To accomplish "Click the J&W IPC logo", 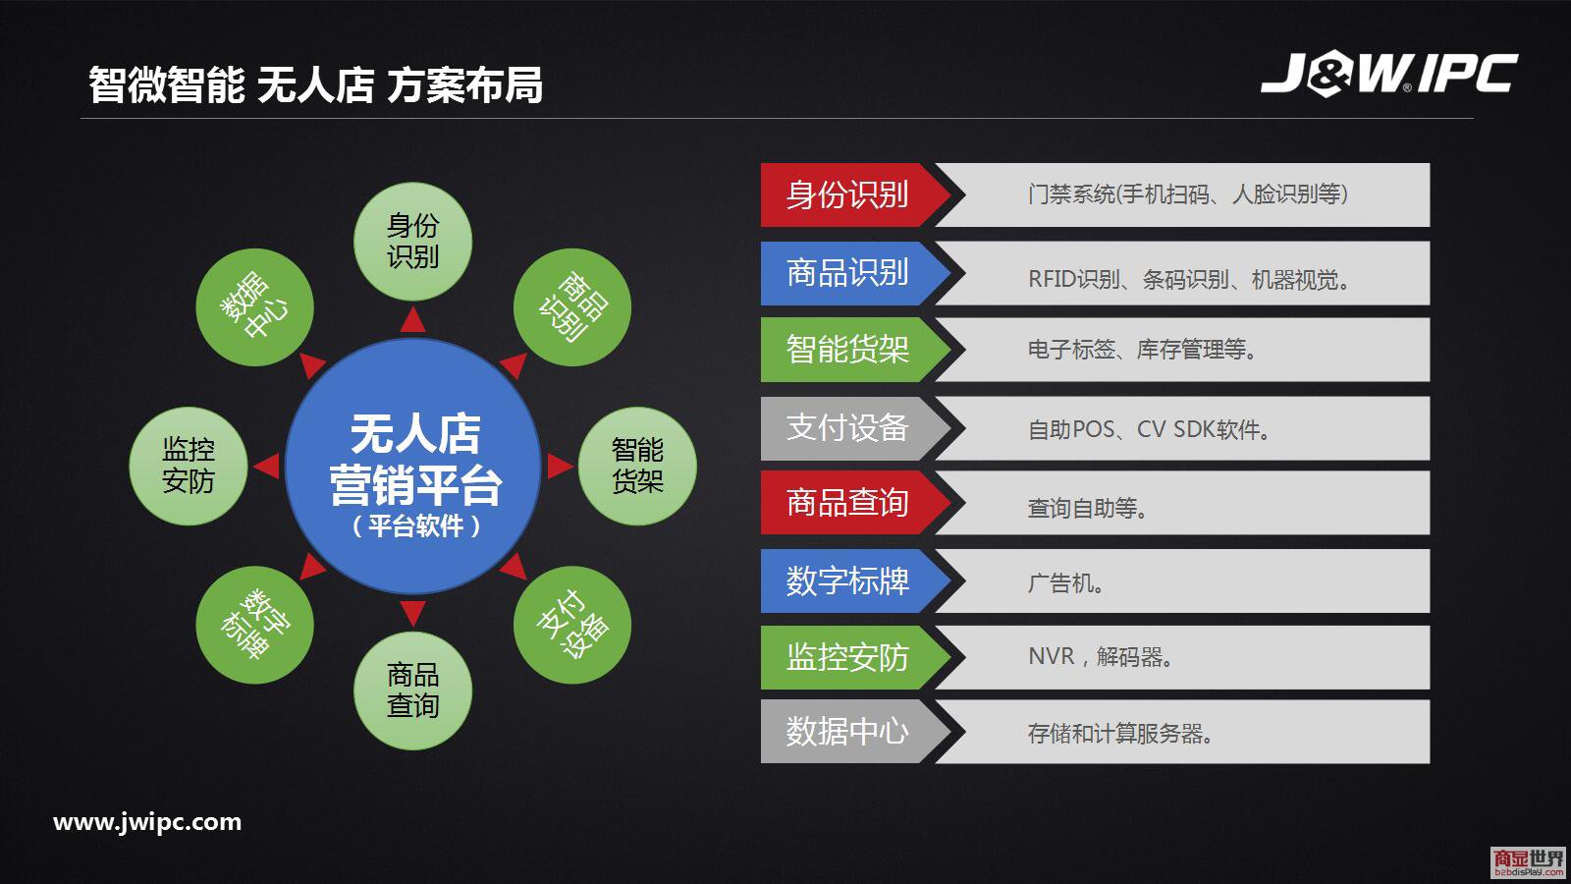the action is pyautogui.click(x=1388, y=73).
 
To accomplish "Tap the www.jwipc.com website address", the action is pyautogui.click(x=147, y=821).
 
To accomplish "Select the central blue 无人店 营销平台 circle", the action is pyautogui.click(x=413, y=467).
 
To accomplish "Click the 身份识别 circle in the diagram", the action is pyautogui.click(x=413, y=242).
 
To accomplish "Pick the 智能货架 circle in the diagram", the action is pyautogui.click(x=637, y=466).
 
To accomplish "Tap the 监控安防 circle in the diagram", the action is pyautogui.click(x=189, y=466).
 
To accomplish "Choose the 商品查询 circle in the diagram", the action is pyautogui.click(x=413, y=691).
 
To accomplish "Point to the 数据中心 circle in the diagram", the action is pyautogui.click(x=254, y=307).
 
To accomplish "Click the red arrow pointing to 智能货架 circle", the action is pyautogui.click(x=561, y=466).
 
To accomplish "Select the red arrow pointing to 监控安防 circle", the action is pyautogui.click(x=266, y=466).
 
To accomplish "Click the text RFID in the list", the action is pyautogui.click(x=1052, y=279).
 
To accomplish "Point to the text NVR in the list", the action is pyautogui.click(x=1052, y=656).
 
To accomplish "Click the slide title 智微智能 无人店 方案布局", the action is pyautogui.click(x=315, y=84).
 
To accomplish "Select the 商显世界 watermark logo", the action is pyautogui.click(x=1528, y=861).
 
